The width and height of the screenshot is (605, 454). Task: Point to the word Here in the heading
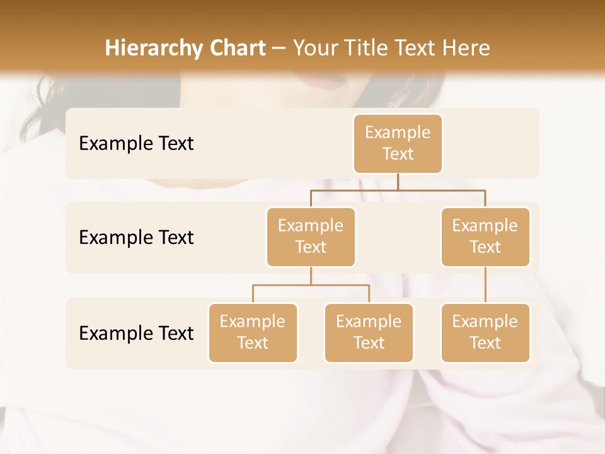[464, 49]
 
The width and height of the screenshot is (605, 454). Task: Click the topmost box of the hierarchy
[398, 144]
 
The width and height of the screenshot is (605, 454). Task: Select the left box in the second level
[311, 236]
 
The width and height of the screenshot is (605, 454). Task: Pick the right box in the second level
[485, 236]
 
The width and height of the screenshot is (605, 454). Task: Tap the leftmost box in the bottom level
[253, 333]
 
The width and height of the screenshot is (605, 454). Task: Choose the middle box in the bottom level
[369, 333]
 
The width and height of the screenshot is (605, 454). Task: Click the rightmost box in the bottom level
[485, 333]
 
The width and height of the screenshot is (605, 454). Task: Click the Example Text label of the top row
[136, 144]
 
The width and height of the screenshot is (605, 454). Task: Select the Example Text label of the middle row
[136, 238]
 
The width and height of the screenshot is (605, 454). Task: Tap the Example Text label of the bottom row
[136, 333]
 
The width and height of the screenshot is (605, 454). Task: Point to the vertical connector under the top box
[398, 182]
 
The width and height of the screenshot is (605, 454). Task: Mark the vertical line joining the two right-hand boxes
[485, 285]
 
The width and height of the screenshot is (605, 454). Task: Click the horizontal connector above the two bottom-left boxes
[311, 285]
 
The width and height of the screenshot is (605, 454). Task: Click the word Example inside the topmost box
[398, 133]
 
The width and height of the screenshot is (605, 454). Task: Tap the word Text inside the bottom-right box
[485, 343]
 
